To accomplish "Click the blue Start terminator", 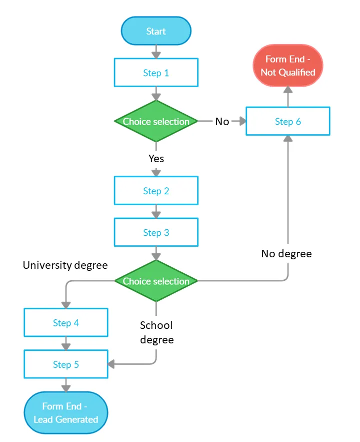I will coord(156,31).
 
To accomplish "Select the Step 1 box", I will coord(156,73).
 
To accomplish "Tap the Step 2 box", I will coord(156,191).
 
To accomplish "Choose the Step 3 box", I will coord(156,232).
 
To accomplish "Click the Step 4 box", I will coord(66,323).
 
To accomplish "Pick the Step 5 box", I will coord(66,364).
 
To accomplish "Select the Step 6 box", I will coord(288,121).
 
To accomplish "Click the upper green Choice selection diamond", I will coord(156,121).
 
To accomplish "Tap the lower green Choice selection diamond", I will coord(156,281).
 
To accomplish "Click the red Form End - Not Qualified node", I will coord(288,66).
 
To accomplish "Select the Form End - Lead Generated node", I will coord(66,412).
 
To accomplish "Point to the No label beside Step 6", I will coord(222,122).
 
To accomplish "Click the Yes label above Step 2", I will coord(156,159).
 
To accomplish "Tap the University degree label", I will coord(65,265).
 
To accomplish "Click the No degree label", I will coord(286,254).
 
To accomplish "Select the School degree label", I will coord(156,332).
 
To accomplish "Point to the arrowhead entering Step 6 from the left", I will coord(242,121).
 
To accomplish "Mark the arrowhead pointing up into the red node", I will coord(288,90).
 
